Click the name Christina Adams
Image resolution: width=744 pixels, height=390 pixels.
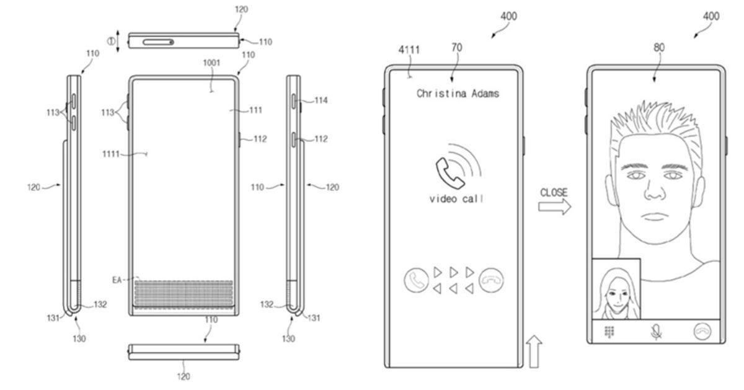[458, 94]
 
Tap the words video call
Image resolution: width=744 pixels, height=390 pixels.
[456, 199]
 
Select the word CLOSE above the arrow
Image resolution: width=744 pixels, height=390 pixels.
[553, 193]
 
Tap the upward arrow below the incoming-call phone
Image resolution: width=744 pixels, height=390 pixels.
[534, 350]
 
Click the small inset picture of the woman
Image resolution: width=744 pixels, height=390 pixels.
[616, 289]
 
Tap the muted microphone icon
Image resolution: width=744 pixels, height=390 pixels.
[655, 332]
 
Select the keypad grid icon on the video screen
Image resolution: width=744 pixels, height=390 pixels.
[609, 332]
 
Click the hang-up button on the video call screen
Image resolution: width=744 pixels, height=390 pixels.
[702, 332]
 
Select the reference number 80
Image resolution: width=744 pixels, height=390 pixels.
[658, 47]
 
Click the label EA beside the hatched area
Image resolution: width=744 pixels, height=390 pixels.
[117, 280]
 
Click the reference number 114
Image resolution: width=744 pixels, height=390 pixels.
[321, 100]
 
